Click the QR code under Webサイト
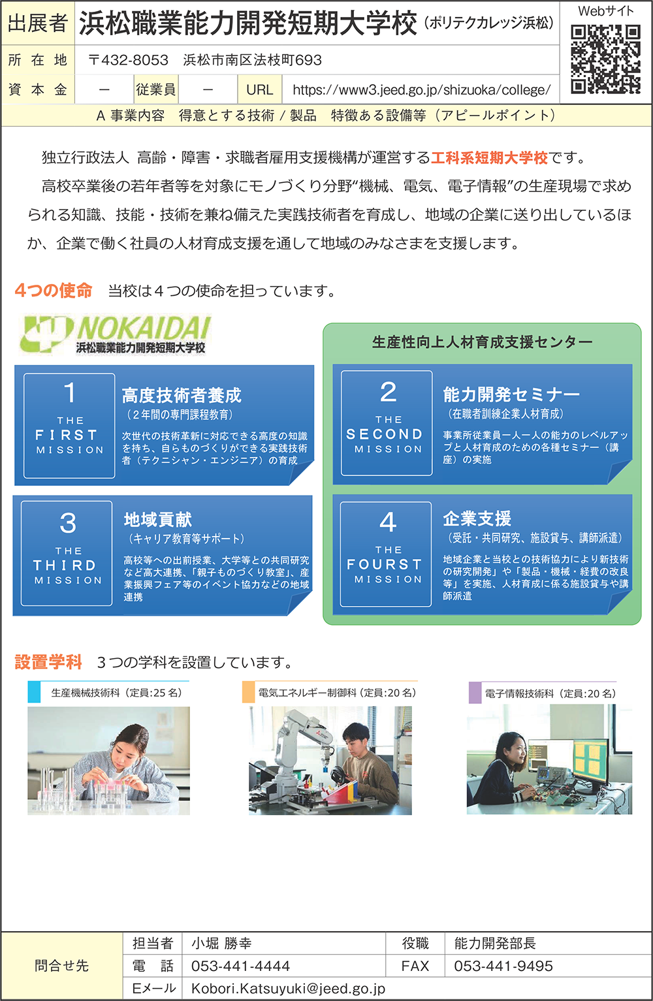(x=605, y=59)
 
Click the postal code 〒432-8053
(x=128, y=60)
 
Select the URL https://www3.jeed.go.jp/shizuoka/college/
(x=421, y=90)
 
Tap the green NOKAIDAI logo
(x=116, y=334)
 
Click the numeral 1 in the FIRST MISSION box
(x=69, y=392)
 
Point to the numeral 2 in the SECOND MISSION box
(x=388, y=392)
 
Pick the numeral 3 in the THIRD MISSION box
(x=67, y=523)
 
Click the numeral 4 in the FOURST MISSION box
(x=387, y=522)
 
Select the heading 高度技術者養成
(x=182, y=395)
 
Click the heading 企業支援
(x=477, y=518)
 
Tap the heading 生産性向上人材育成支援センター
(x=482, y=342)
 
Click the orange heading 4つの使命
(x=53, y=291)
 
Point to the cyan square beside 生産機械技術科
(x=34, y=692)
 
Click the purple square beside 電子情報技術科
(x=475, y=693)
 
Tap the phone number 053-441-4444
(x=240, y=966)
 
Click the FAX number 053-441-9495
(x=503, y=966)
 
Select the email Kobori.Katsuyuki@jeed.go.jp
(x=288, y=989)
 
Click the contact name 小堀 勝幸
(x=221, y=943)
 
